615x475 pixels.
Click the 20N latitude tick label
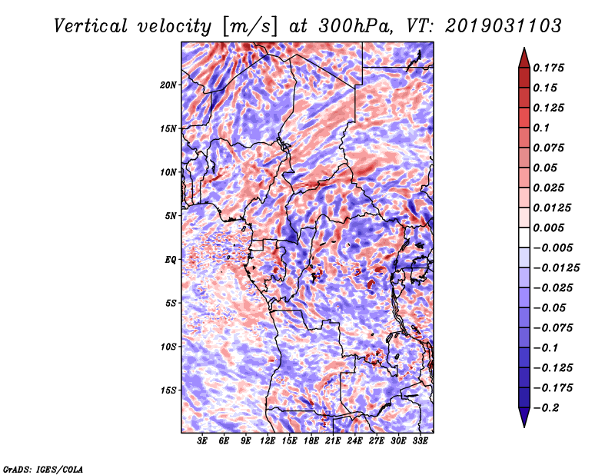coord(169,85)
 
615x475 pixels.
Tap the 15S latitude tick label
coord(169,390)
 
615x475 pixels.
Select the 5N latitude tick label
coord(171,216)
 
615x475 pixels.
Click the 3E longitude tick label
coord(203,442)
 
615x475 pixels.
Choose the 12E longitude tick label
coord(268,442)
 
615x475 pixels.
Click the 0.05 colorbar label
coord(546,168)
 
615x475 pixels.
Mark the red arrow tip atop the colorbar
coord(524,51)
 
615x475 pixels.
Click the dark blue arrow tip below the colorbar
coord(524,424)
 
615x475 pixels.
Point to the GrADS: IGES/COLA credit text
coord(43,468)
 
